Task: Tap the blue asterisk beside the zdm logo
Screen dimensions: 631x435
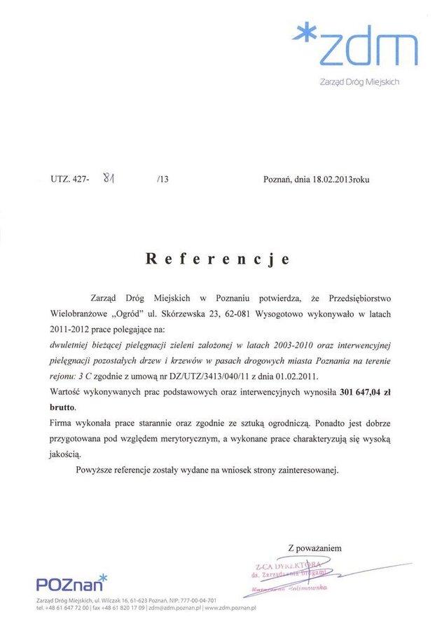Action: pyautogui.click(x=305, y=35)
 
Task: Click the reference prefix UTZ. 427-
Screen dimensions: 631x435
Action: pyautogui.click(x=70, y=179)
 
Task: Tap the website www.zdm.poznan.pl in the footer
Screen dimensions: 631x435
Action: pyautogui.click(x=230, y=609)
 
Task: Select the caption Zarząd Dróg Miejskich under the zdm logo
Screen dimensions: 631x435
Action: pyautogui.click(x=359, y=82)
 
